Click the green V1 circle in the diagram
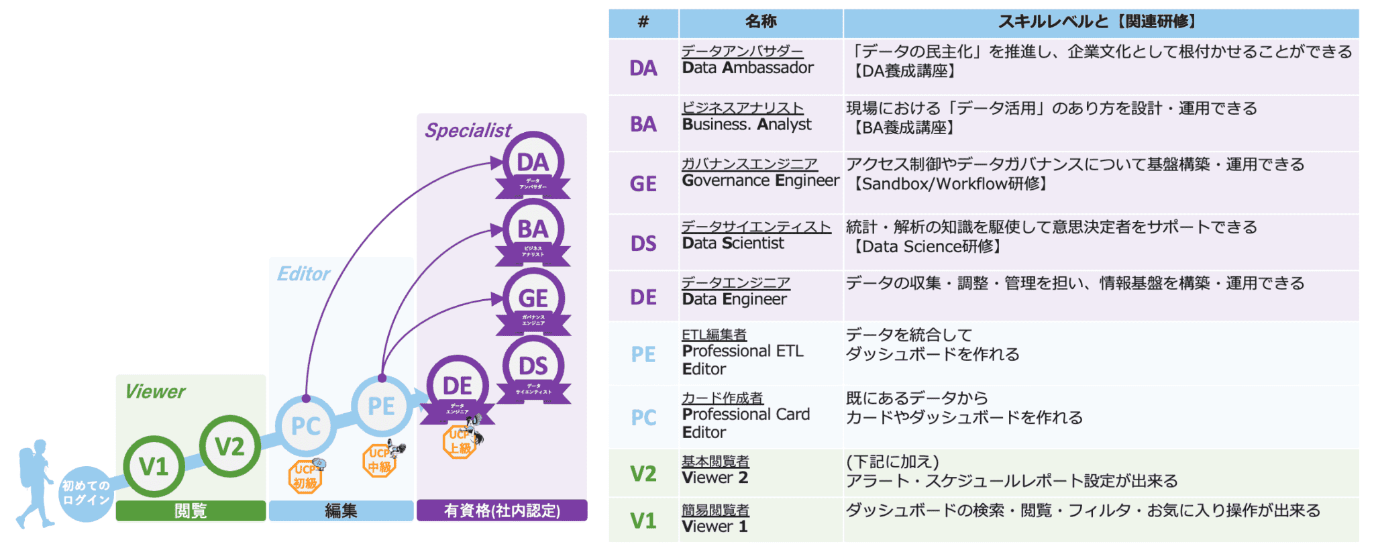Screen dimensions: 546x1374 pyautogui.click(x=154, y=466)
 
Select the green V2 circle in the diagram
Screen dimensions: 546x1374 pyautogui.click(x=229, y=446)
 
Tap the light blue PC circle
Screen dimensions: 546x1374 pyautogui.click(x=306, y=426)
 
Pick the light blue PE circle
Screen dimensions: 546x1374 pyautogui.click(x=381, y=406)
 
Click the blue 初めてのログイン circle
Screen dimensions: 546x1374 pyautogui.click(x=86, y=493)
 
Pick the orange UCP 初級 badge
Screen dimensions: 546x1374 pyautogui.click(x=306, y=477)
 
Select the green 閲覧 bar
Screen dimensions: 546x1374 pyautogui.click(x=191, y=510)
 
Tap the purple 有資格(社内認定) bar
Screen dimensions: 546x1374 pyautogui.click(x=502, y=510)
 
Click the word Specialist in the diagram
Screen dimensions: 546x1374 pyautogui.click(x=468, y=130)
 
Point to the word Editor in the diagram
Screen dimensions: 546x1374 pyautogui.click(x=303, y=274)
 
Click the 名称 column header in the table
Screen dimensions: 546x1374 pyautogui.click(x=761, y=22)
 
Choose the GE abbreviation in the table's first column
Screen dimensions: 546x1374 pyautogui.click(x=643, y=183)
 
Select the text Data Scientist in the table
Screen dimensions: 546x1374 pyautogui.click(x=733, y=243)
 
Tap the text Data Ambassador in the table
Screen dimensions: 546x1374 pyautogui.click(x=747, y=68)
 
